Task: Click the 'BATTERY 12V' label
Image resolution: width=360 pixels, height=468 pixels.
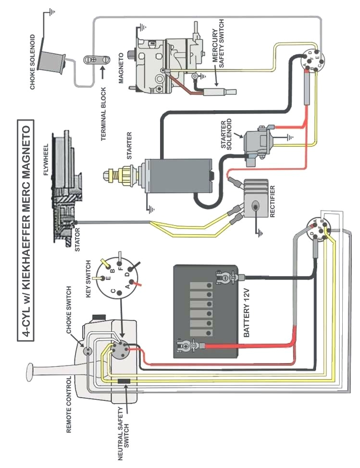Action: (x=247, y=318)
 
